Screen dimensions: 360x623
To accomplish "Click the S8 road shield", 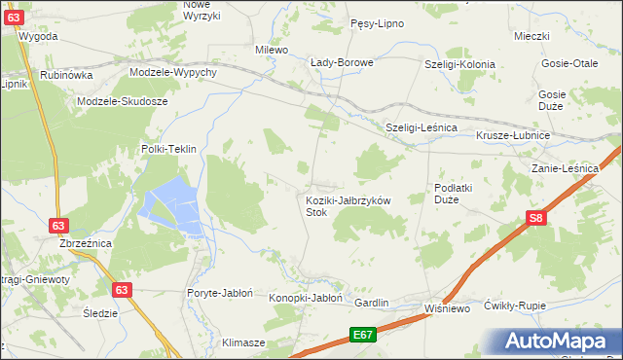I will coord(535,219).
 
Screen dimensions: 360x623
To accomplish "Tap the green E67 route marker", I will coord(363,336).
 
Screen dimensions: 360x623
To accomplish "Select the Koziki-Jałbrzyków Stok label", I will coord(348,205).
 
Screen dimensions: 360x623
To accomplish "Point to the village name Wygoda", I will coord(38,36).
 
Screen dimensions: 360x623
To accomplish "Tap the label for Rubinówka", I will coord(67,74).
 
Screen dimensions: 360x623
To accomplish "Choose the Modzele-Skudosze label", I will coord(124,101).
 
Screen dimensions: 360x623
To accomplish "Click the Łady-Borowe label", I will coord(342,63).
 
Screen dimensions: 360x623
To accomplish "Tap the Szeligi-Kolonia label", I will coord(459,64).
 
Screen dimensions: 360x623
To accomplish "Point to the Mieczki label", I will coord(532,36).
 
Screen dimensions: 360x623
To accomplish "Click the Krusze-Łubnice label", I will coord(513,135).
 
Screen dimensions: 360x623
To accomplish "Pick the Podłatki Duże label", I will coord(453,194).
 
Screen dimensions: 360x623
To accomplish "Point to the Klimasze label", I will coord(243,343).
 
